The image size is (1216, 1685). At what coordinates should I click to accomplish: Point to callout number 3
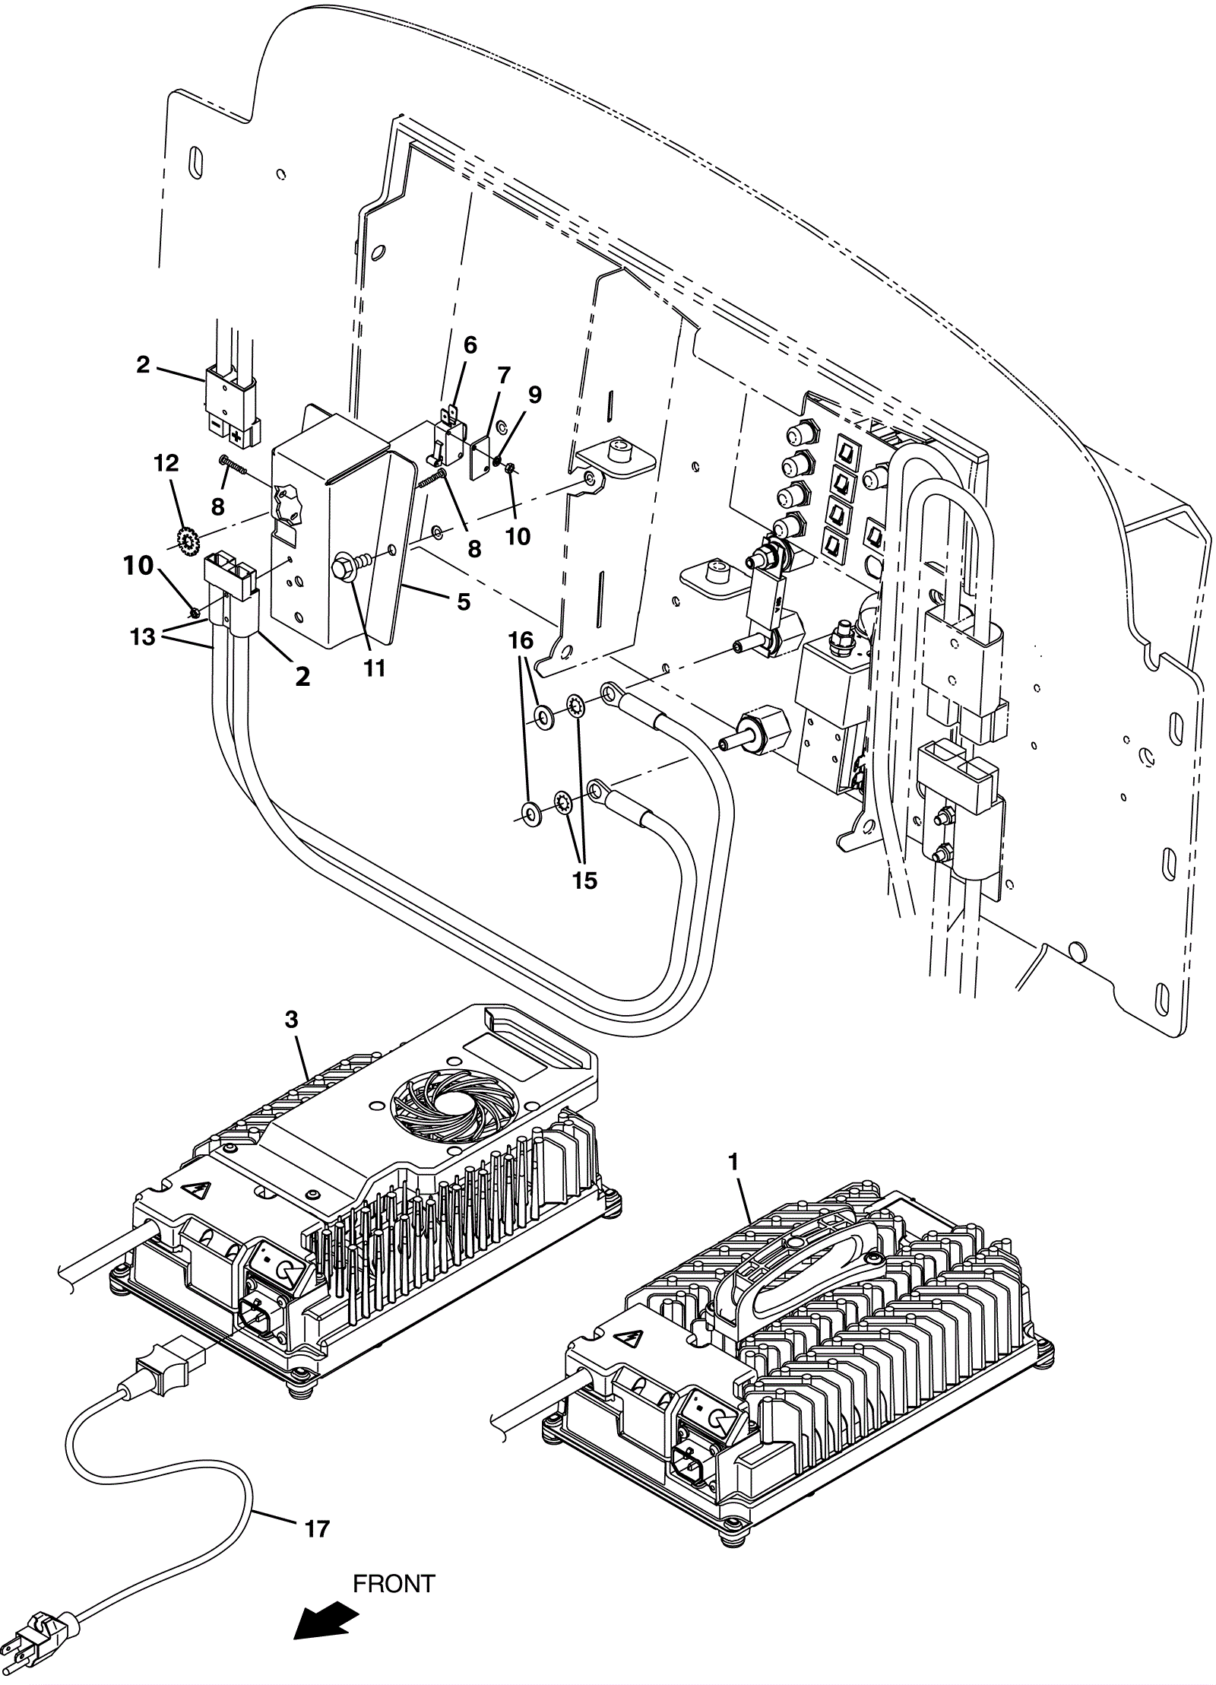coord(292,1020)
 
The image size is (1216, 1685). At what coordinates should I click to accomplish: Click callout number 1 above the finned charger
coord(733,1162)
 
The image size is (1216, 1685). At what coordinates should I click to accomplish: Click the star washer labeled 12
coord(186,541)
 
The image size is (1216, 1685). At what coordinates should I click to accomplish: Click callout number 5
coord(463,602)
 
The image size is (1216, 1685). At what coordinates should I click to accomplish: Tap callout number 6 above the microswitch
coord(470,345)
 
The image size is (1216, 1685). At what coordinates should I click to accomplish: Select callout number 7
coord(502,376)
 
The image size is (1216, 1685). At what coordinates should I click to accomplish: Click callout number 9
coord(534,395)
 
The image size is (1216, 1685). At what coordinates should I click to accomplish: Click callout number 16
coord(521,641)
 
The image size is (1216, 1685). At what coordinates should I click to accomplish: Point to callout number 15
coord(585,881)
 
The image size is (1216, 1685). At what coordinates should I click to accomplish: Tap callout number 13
coord(143,636)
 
